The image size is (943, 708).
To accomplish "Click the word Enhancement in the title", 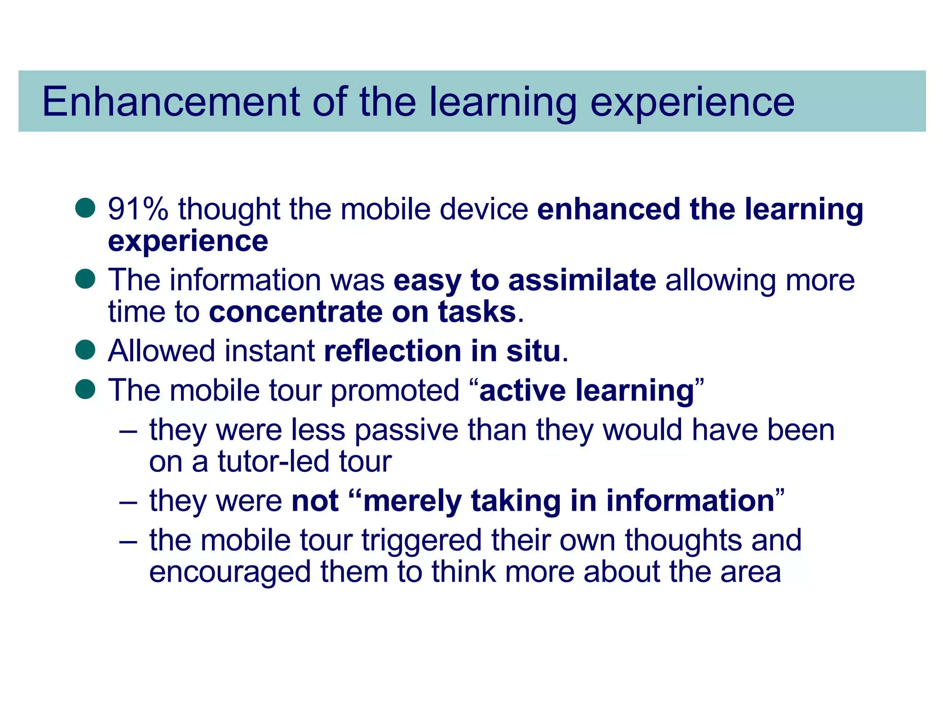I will click(171, 102).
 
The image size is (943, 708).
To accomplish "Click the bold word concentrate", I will click(296, 312).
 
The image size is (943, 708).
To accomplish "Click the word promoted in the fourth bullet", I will click(395, 390).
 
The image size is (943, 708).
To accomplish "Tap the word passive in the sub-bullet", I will click(407, 430).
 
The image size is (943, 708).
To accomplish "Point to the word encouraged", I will click(230, 572).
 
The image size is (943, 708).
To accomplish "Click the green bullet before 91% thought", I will click(85, 208).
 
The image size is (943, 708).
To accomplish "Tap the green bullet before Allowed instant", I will click(85, 350).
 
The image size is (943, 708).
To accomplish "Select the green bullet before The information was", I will click(85, 279).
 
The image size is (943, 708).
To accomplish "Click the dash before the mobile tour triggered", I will click(128, 541).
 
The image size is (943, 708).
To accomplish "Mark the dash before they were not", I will click(128, 502).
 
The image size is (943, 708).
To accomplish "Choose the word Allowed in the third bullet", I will click(162, 351).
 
